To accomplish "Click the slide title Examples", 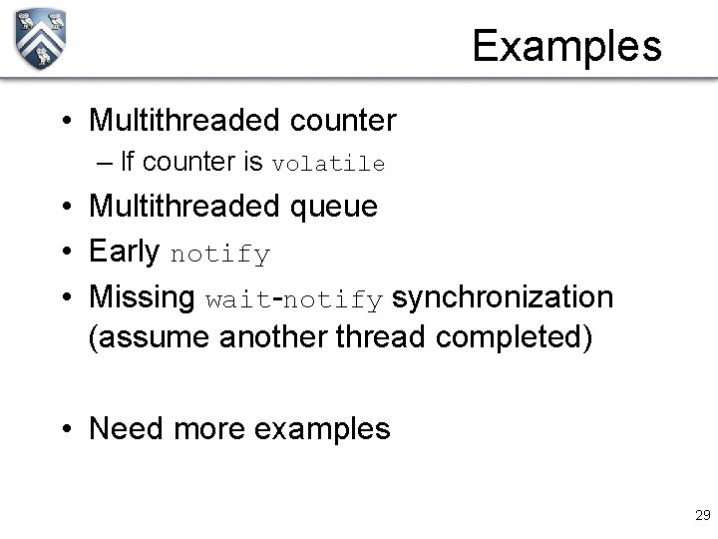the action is tap(566, 46).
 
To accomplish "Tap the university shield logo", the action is tap(41, 39).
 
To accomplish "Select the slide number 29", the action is tap(701, 515).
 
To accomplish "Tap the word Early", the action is tap(125, 253).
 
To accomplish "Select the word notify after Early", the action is tap(219, 255).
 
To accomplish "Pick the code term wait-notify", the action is tap(294, 298).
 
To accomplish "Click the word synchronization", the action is tap(503, 296).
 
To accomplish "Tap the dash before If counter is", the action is tap(105, 162).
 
